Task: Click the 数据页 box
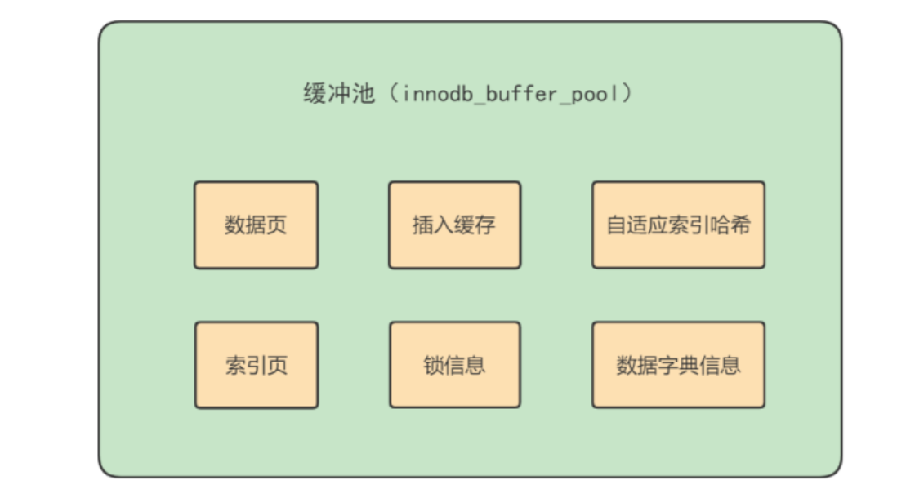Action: coord(256,225)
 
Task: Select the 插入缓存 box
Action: coord(454,225)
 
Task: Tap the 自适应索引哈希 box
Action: coord(678,225)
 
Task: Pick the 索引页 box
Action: coord(256,365)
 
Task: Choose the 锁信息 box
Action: coord(454,365)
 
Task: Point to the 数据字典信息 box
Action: coord(678,365)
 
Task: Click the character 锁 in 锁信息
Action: coord(433,365)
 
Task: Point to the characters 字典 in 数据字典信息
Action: coord(678,365)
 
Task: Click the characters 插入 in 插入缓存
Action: coord(433,225)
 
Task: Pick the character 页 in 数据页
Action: coord(277,225)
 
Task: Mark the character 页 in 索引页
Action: coord(277,365)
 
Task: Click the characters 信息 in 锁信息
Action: coord(465,365)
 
